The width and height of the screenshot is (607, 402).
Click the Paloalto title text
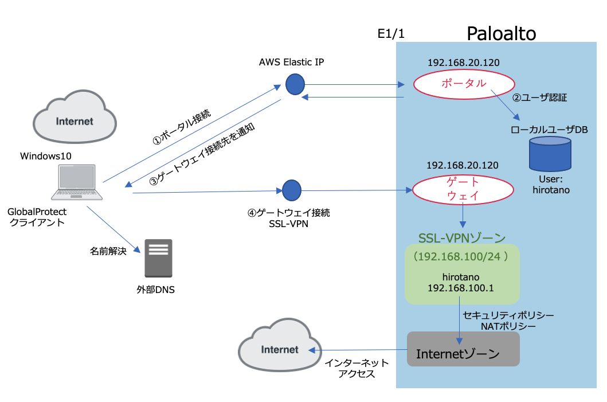pyautogui.click(x=501, y=34)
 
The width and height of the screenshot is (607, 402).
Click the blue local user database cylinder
pyautogui.click(x=550, y=153)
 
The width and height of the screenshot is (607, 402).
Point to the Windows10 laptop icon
pyautogui.click(x=77, y=181)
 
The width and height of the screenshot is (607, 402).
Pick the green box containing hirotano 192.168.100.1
pyautogui.click(x=462, y=274)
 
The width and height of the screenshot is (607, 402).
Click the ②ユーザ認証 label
pyautogui.click(x=539, y=97)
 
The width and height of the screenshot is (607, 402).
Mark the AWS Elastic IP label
pyautogui.click(x=291, y=62)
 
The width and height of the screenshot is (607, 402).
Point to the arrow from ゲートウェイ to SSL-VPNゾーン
pyautogui.click(x=463, y=216)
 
